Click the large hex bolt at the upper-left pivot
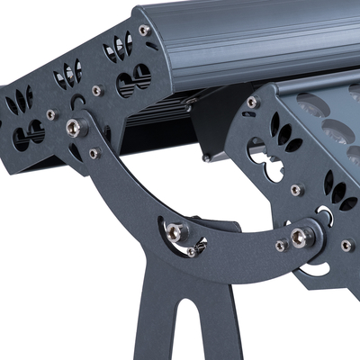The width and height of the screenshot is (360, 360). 77,128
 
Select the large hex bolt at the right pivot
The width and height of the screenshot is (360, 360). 298,237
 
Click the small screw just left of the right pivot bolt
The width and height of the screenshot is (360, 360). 281,245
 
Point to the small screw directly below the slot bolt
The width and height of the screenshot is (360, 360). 191,253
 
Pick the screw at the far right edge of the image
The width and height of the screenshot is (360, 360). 346,245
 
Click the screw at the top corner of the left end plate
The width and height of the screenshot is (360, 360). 144,31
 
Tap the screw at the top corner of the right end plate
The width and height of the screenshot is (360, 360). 253,103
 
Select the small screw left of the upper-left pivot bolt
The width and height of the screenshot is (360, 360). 51,114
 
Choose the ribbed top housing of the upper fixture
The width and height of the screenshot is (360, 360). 252,40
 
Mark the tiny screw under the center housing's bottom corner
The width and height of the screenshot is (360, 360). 206,158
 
